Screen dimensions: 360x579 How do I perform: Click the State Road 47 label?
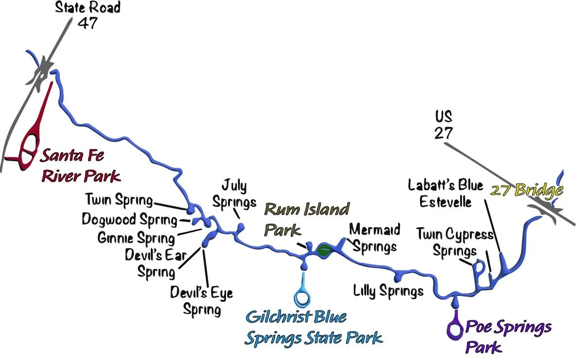click(x=88, y=15)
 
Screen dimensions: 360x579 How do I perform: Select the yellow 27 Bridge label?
click(x=527, y=190)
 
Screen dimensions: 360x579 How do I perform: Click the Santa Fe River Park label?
click(x=80, y=166)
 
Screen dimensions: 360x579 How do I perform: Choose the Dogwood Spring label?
click(x=129, y=219)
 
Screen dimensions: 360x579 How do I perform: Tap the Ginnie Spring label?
click(x=136, y=238)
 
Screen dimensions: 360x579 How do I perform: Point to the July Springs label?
click(x=234, y=193)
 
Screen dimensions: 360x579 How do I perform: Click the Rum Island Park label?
click(x=306, y=219)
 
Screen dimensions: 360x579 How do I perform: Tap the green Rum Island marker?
click(x=324, y=251)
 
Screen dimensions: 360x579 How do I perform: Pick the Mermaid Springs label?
click(x=374, y=237)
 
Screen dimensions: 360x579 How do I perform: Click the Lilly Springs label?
click(x=388, y=291)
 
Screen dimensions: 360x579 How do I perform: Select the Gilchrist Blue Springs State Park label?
click(x=313, y=327)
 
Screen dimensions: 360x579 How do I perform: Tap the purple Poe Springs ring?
click(x=456, y=329)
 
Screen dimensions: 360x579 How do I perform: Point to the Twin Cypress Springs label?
click(x=455, y=242)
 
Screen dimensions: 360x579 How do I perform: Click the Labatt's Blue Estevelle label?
click(x=445, y=193)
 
